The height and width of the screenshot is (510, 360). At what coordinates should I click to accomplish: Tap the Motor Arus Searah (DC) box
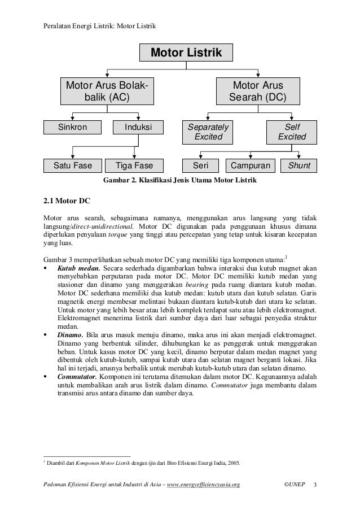(x=258, y=91)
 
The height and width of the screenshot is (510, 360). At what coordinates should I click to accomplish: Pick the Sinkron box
(x=73, y=127)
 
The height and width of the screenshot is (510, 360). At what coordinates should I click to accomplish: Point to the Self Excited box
(x=292, y=132)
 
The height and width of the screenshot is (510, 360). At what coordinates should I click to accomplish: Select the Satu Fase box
(x=73, y=166)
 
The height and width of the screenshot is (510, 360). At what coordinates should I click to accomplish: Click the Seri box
(x=201, y=166)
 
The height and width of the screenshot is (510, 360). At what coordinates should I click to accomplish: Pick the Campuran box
(x=250, y=166)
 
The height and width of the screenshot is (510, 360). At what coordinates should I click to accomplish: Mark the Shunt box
(x=299, y=166)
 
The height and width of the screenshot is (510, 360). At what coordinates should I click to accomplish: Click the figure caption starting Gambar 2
(x=179, y=181)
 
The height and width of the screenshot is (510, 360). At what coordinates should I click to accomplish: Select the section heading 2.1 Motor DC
(x=63, y=200)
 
